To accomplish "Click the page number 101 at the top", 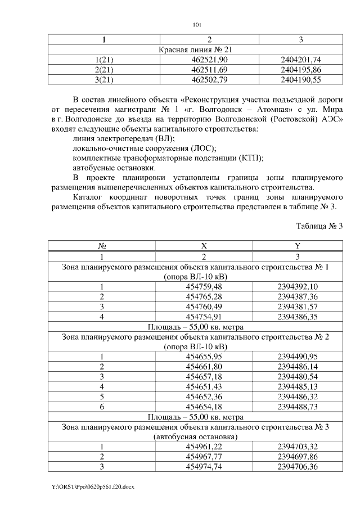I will point(196,24).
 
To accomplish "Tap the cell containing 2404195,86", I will point(300,70).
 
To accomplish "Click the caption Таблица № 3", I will point(319,226).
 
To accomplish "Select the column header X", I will point(204,246).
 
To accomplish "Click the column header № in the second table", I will point(102,246).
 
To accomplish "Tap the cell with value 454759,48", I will point(204,286).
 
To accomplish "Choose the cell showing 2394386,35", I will point(298,317).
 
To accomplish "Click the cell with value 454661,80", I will point(204,366).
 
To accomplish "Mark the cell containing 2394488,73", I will point(298,407).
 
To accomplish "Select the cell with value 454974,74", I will point(204,467).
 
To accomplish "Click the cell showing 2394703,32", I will point(298,447).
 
